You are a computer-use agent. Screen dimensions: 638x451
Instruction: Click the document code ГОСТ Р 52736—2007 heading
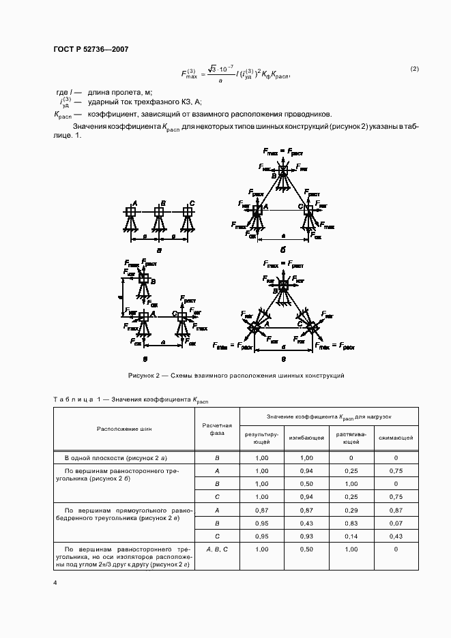click(x=90, y=49)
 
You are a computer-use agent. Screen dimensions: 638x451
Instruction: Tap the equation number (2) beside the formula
click(x=414, y=69)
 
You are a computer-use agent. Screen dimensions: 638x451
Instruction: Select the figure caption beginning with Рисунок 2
click(x=236, y=376)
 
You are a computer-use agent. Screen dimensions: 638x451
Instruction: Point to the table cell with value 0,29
click(x=350, y=510)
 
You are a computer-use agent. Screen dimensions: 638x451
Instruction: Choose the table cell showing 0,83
click(x=350, y=523)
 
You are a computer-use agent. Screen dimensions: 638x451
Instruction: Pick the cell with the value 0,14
click(x=350, y=536)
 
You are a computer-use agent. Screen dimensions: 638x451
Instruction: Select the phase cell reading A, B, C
click(x=216, y=549)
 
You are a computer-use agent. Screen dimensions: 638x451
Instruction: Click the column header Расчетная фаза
click(x=216, y=429)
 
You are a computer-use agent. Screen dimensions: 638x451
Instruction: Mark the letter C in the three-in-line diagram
click(x=192, y=203)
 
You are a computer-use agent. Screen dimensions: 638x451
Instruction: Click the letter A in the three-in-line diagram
click(x=135, y=203)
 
